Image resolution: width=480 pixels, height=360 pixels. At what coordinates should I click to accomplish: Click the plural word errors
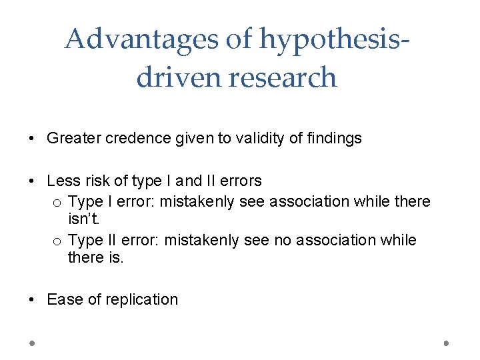pyautogui.click(x=238, y=181)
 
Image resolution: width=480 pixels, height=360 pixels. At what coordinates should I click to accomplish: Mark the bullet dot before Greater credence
pyautogui.click(x=32, y=139)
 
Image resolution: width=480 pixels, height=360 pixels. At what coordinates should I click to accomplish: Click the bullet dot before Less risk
pyautogui.click(x=32, y=181)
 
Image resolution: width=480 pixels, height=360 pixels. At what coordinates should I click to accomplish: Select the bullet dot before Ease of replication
pyautogui.click(x=32, y=300)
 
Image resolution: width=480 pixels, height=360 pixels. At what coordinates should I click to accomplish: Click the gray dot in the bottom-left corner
pyautogui.click(x=32, y=343)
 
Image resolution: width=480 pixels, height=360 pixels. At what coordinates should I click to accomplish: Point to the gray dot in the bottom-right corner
pyautogui.click(x=447, y=343)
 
